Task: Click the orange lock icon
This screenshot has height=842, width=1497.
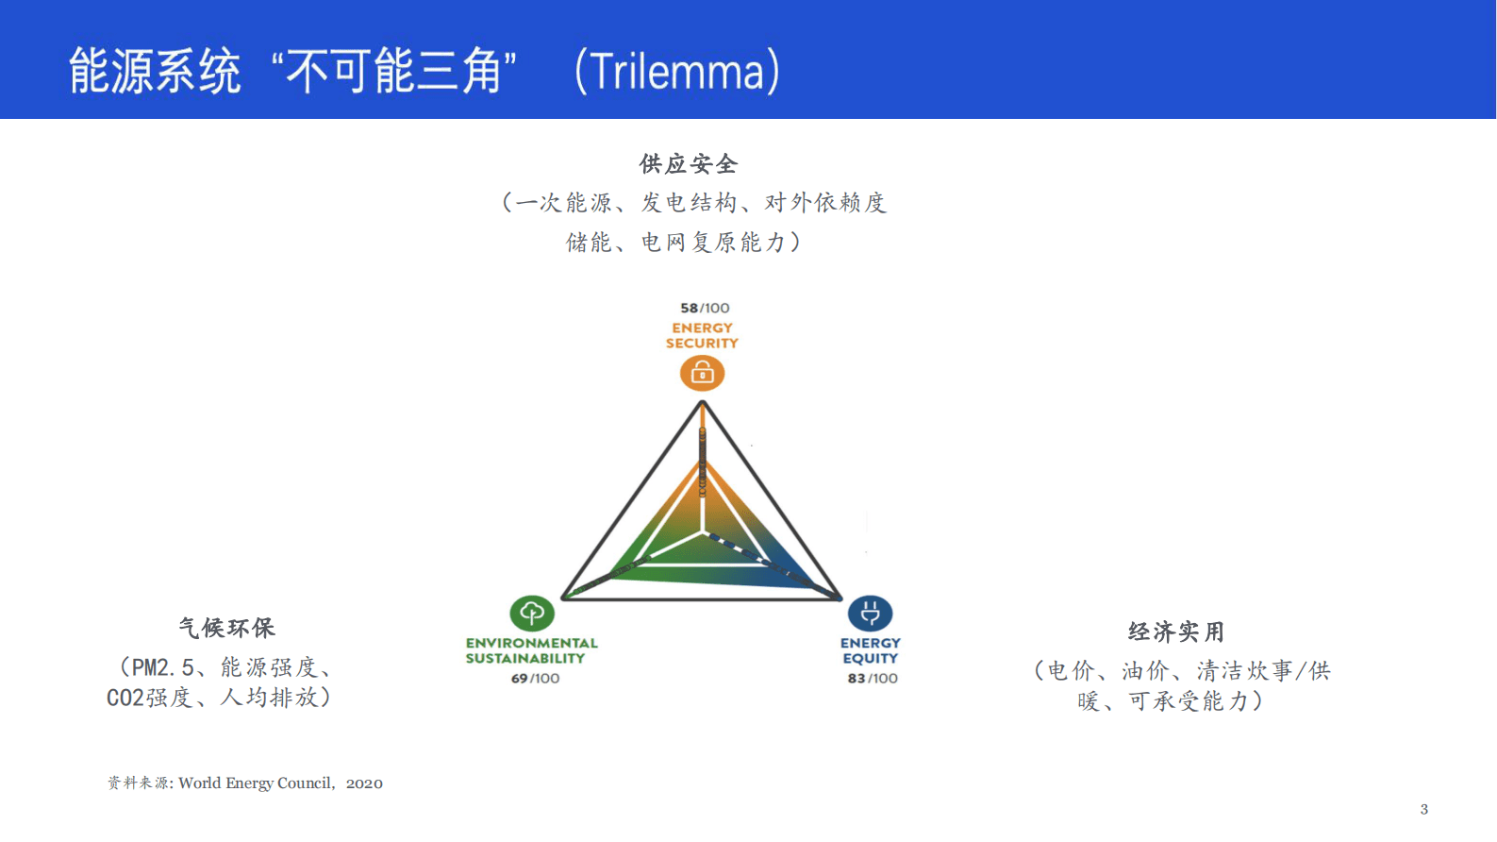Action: [702, 374]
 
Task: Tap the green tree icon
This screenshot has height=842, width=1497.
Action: [532, 613]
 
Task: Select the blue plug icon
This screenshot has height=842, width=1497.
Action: [870, 614]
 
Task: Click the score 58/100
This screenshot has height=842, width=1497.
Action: [705, 308]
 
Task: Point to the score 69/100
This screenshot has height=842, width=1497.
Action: [535, 678]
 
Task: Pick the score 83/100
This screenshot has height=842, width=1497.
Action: [873, 678]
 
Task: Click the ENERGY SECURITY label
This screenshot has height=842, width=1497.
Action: [702, 335]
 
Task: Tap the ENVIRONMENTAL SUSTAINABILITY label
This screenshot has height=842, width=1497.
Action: [531, 650]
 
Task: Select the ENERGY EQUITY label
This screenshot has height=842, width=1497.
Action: [870, 650]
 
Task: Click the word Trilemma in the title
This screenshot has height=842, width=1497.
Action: [677, 72]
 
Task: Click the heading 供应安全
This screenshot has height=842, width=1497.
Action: [689, 164]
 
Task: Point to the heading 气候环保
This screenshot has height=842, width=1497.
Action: [226, 628]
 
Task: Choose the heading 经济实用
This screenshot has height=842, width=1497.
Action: [1175, 631]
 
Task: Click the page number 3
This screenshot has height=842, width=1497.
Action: [1423, 809]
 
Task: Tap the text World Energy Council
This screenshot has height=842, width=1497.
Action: [255, 783]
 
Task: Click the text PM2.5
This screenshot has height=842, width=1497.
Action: [162, 667]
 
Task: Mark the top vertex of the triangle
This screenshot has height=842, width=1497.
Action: [703, 403]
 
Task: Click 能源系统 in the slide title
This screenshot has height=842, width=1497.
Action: [155, 72]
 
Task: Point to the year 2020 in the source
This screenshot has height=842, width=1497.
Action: [364, 783]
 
